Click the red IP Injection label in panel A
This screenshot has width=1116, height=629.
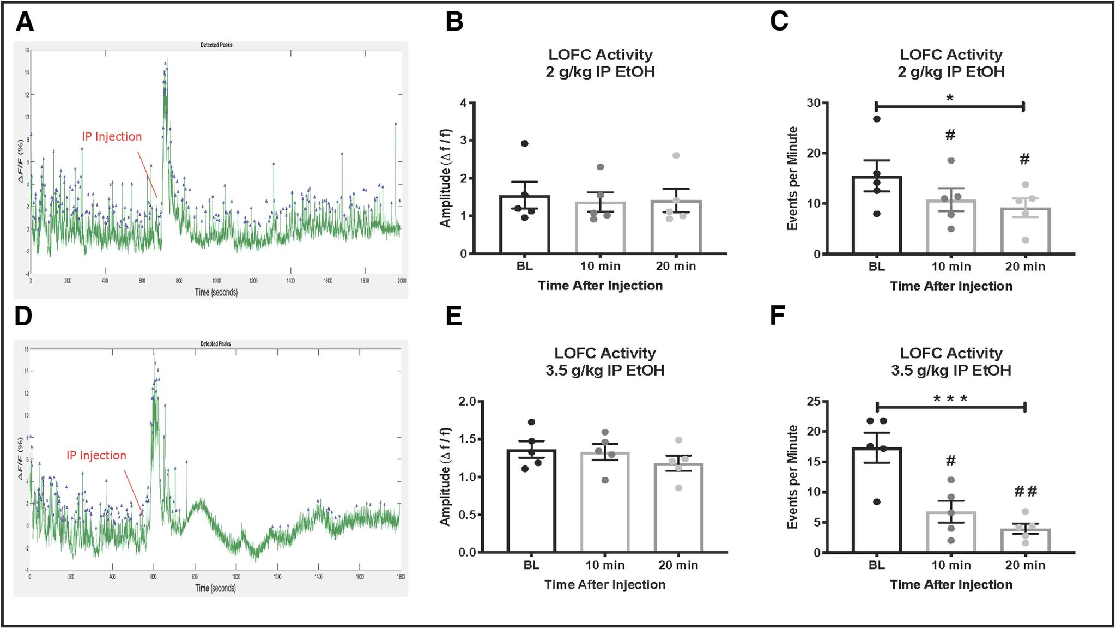click(x=112, y=137)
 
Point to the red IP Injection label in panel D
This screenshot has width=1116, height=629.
click(x=96, y=456)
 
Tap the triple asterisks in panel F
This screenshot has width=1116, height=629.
click(x=950, y=399)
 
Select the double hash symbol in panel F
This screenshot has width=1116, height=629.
click(x=1026, y=492)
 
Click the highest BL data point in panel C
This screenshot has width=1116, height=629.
click(x=877, y=119)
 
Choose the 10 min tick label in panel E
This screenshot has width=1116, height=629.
click(x=605, y=565)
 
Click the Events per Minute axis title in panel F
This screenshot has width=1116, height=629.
click(x=793, y=477)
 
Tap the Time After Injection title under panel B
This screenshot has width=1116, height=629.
click(x=600, y=286)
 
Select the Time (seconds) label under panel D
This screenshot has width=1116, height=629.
click(x=216, y=588)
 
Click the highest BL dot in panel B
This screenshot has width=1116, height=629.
click(x=524, y=143)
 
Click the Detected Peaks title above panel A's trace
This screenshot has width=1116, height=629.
click(x=216, y=45)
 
